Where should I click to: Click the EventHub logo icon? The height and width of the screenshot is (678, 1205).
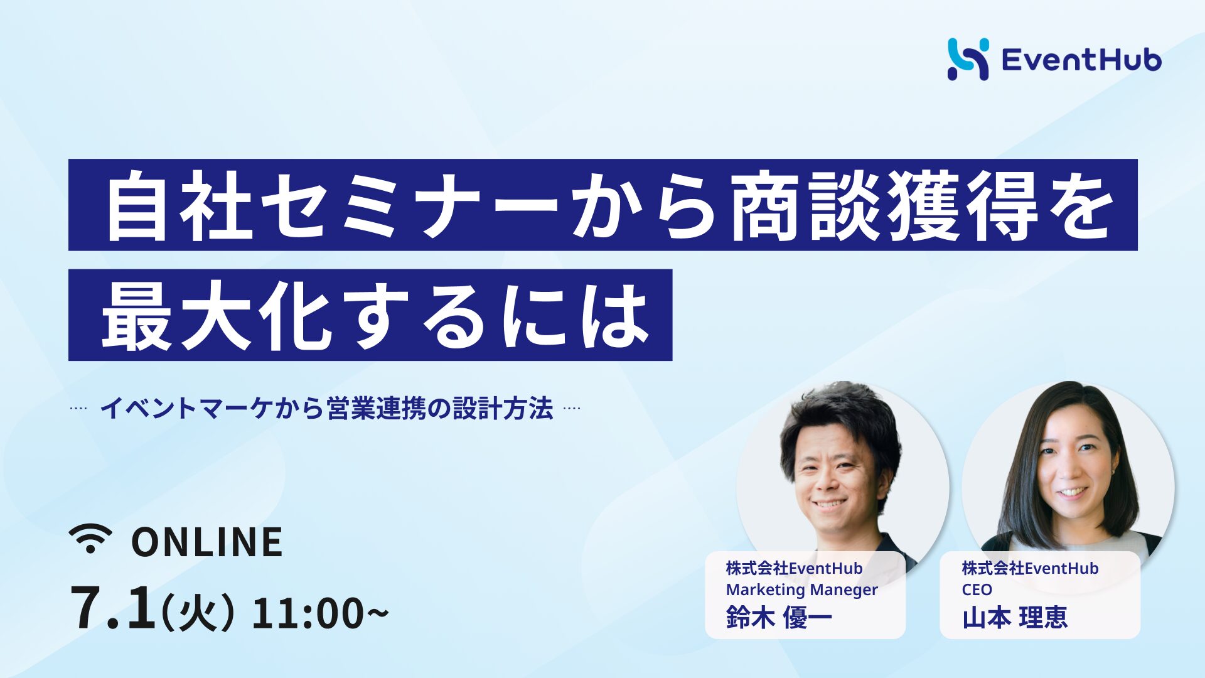click(968, 60)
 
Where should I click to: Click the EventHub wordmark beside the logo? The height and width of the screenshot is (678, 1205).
click(1081, 60)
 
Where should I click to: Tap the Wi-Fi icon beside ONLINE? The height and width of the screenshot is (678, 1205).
click(90, 539)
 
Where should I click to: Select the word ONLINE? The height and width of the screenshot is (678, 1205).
click(207, 542)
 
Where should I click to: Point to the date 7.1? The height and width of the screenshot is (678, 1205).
click(113, 608)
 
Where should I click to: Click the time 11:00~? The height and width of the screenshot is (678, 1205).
click(320, 613)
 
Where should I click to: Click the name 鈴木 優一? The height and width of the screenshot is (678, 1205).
click(779, 618)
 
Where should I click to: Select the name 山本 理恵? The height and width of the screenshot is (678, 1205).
click(1015, 618)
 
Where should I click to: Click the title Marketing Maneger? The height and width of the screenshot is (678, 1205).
click(801, 590)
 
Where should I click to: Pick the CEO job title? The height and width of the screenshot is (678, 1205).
click(977, 589)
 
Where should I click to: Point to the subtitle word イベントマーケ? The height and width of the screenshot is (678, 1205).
click(187, 409)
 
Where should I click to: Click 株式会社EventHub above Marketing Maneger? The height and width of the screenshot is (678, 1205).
click(794, 568)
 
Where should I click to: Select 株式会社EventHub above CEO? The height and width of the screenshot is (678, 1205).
click(1030, 568)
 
